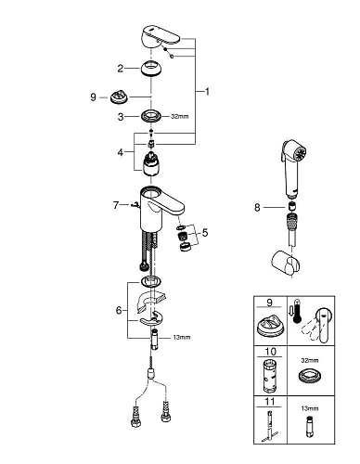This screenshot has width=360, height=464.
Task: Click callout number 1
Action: tap(208, 92)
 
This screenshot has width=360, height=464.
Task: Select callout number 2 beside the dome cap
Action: tap(120, 68)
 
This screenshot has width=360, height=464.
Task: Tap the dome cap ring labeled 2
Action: tap(151, 68)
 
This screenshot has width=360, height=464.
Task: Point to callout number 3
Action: tap(120, 116)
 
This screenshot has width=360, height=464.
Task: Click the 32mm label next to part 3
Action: tap(180, 116)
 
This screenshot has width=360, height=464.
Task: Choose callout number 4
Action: tap(120, 151)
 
